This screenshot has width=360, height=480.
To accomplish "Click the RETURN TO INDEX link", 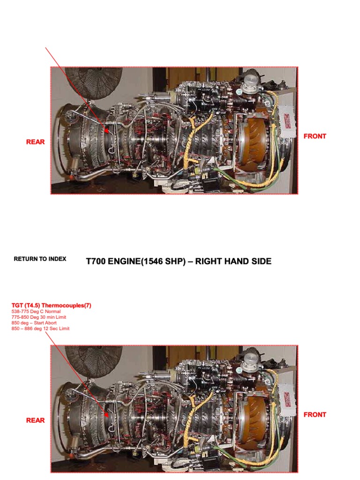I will coord(40,259).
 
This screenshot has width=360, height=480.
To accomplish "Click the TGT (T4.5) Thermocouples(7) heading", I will coord(51,305).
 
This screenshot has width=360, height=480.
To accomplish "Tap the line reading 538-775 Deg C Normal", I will coord(35,311).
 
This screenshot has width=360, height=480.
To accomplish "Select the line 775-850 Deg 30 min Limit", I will coord(38,317).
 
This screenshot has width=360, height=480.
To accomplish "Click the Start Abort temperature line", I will coord(35,323).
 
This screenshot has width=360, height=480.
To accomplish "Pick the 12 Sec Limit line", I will coord(40,329).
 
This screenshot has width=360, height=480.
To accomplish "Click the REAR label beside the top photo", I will coord(36,142).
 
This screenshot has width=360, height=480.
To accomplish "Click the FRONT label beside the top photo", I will coord(315,136).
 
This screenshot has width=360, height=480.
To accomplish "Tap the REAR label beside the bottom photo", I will coord(36,420).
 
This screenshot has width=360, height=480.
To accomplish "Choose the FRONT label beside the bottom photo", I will coord(315,415).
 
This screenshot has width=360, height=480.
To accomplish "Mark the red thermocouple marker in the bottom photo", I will coord(107,414).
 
